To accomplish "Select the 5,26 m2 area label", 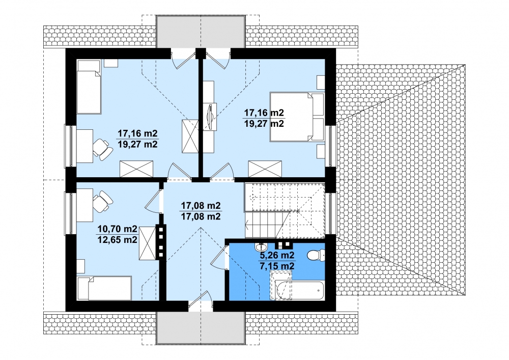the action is (276, 255).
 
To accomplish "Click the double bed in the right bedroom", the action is (297, 117).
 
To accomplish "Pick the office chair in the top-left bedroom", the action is (103, 149).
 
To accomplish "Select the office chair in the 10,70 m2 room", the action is (103, 201).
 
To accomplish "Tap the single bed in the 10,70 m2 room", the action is (104, 288).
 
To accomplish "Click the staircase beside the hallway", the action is (285, 211).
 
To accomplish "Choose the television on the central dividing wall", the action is (209, 117).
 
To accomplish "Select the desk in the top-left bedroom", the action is (84, 146).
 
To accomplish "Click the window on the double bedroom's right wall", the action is (330, 146).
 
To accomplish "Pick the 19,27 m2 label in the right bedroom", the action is (264, 123).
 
